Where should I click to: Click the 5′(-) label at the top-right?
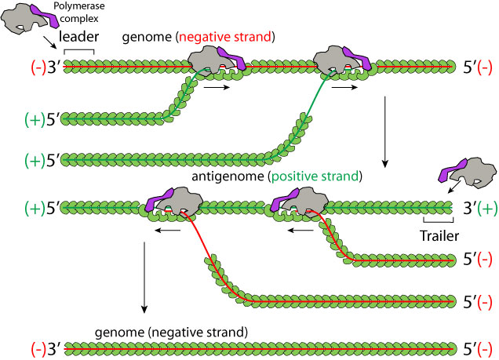point(475,67)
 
